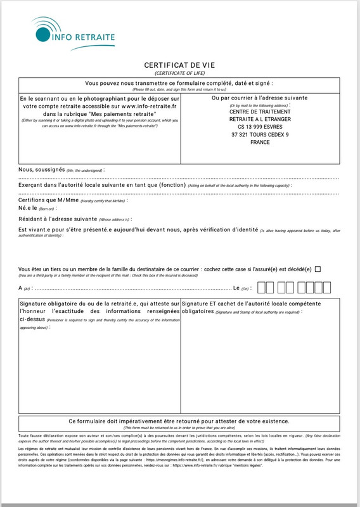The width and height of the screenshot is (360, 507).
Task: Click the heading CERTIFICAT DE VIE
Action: click(x=179, y=65)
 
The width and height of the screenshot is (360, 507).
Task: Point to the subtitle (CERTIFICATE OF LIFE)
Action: click(x=179, y=74)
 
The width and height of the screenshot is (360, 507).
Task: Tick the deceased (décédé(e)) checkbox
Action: click(x=318, y=269)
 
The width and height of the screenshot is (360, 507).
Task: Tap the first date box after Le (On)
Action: click(x=263, y=288)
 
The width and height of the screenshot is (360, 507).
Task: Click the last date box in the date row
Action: click(x=318, y=288)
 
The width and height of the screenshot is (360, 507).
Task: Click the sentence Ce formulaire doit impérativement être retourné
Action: click(x=179, y=421)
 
